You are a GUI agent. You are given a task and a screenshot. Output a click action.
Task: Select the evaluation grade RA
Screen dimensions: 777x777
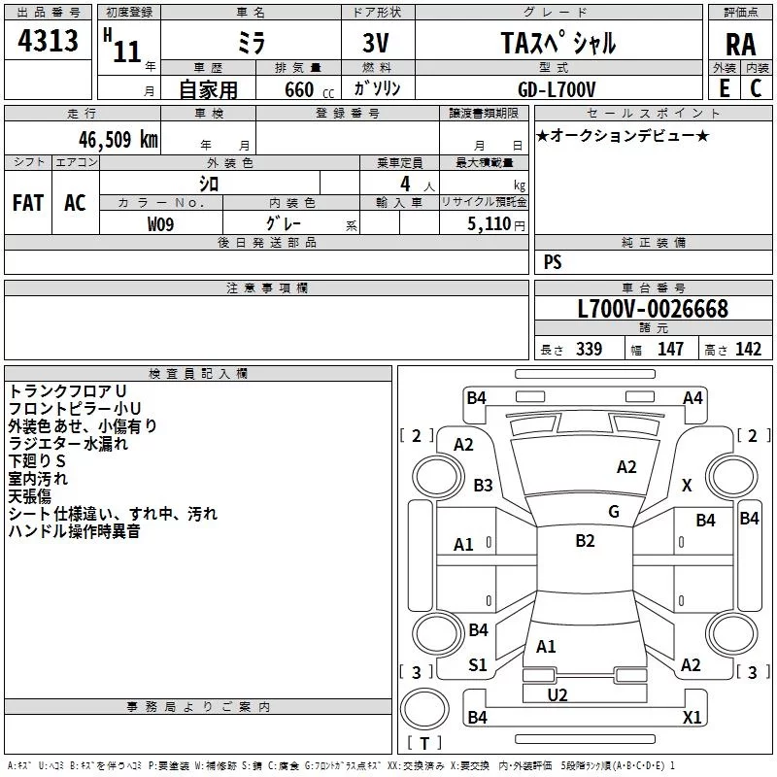click(740, 45)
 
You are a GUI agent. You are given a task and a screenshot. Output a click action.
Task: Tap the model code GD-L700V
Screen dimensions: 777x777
click(557, 88)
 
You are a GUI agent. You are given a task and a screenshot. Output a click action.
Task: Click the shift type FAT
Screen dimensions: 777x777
click(28, 202)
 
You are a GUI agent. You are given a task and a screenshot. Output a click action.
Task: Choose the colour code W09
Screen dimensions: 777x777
click(161, 223)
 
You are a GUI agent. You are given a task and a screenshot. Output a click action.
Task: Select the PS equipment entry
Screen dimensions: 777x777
click(553, 262)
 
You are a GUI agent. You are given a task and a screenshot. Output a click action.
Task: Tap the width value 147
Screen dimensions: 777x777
click(670, 350)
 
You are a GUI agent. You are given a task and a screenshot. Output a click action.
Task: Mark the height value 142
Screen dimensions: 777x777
click(748, 350)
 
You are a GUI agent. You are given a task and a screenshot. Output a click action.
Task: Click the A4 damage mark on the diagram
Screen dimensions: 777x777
click(693, 397)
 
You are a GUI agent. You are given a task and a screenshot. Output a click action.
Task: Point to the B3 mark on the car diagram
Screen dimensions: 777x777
click(483, 485)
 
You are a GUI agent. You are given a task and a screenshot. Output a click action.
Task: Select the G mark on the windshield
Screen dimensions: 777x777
click(614, 512)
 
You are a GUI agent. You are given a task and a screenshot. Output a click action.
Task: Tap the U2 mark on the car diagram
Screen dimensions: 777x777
click(557, 694)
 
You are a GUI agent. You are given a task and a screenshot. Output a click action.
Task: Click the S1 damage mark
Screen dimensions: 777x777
click(478, 665)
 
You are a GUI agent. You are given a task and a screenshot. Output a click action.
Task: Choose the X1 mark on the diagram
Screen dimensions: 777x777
click(693, 718)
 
